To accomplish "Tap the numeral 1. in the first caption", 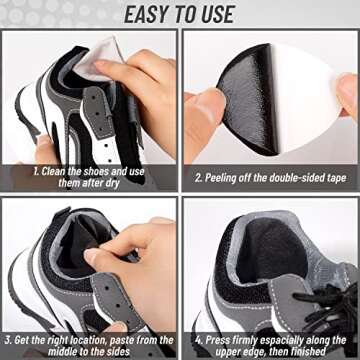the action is [36, 172].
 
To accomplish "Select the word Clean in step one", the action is [53, 172].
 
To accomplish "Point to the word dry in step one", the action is [112, 184].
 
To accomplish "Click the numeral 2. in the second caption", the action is [199, 178].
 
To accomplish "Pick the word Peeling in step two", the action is [219, 178].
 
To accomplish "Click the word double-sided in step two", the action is [295, 178].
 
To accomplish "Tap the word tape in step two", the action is [335, 178].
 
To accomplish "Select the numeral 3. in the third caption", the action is [8, 340].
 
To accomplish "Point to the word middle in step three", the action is [62, 351].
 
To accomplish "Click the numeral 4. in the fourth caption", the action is [199, 340].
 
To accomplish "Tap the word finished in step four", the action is [307, 351].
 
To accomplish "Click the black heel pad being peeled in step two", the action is [249, 99].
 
